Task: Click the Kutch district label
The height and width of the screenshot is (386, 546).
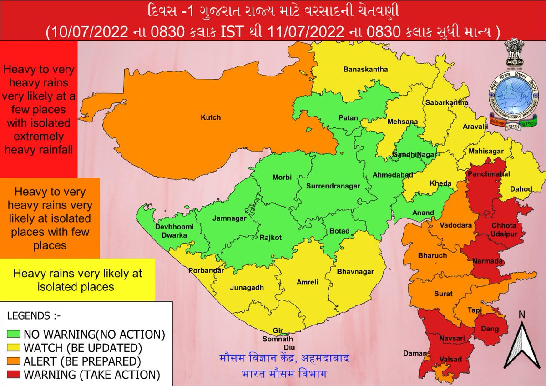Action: coord(211,117)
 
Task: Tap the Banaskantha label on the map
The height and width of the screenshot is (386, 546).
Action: coord(365,70)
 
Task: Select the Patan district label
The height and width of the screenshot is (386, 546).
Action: coord(348,118)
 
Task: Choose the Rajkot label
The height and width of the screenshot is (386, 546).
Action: coord(271,237)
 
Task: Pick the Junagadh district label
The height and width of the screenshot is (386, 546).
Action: coord(247,288)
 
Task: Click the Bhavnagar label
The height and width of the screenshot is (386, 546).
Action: coord(355,272)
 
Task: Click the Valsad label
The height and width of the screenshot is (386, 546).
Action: coord(450,359)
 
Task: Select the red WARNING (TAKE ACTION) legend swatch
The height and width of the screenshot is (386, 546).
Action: coord(14,376)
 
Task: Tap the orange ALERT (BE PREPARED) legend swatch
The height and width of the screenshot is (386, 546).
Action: coord(14,362)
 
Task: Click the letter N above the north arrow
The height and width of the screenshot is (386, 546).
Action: coord(522,314)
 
